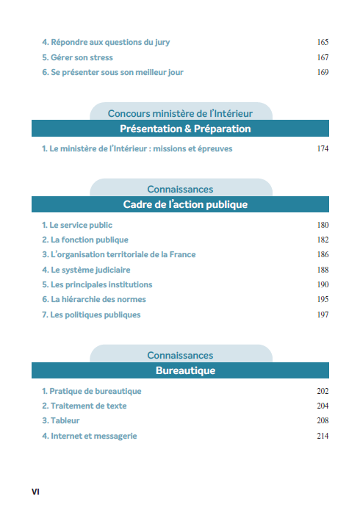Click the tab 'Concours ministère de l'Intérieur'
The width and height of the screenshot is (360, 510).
180,113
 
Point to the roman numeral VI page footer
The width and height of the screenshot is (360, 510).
35,489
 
